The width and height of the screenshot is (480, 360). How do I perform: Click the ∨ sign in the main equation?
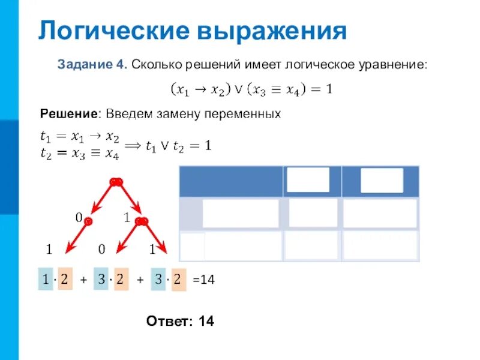pos(238,90)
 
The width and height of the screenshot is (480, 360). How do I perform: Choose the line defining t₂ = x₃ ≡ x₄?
pos(79,155)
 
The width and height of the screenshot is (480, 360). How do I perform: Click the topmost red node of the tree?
pos(116,181)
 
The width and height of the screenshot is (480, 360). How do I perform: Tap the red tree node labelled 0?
pos(88,221)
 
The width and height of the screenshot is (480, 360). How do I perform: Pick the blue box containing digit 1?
pos(46,279)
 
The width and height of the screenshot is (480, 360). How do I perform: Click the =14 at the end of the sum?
pos(203,280)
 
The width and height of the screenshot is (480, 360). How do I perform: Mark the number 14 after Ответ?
pos(206,322)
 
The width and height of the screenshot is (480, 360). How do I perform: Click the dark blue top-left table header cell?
pos(231,181)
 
